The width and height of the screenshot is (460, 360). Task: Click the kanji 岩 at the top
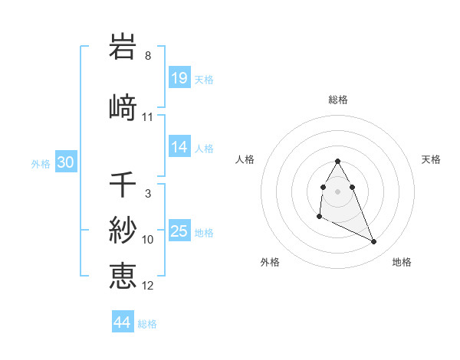[x=123, y=47]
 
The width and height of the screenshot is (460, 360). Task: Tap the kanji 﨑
[x=123, y=107]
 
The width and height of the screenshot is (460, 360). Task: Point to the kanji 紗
[x=123, y=231]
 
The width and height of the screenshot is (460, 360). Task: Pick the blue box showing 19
[x=179, y=78]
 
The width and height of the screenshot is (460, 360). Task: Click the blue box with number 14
[x=179, y=147]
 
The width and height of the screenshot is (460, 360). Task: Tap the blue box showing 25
[x=179, y=231]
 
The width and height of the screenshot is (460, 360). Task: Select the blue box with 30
[x=65, y=162]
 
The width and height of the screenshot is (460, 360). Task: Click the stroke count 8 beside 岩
[x=148, y=56]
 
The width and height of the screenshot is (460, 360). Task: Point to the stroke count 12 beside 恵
[x=148, y=286]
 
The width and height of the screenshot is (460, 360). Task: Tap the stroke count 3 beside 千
[x=148, y=194]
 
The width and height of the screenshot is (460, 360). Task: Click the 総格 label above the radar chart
[x=338, y=100]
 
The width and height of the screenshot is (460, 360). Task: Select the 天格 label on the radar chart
[x=432, y=159]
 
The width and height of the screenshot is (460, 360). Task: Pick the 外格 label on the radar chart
[x=270, y=262]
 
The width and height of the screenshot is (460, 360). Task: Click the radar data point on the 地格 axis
[x=374, y=242]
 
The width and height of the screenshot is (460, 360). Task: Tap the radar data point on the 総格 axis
[x=338, y=161]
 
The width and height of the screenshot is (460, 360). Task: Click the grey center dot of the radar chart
[x=338, y=191]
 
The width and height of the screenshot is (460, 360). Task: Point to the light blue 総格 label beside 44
[x=147, y=324]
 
